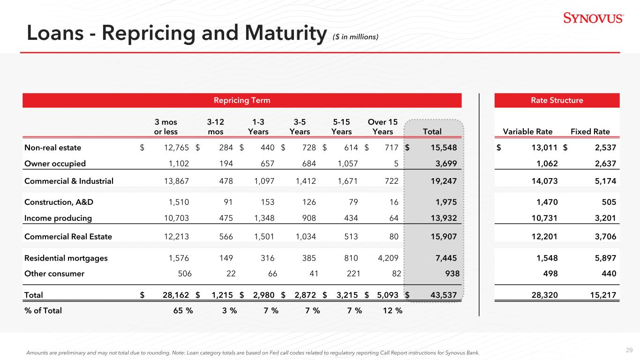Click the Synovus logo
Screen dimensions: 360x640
593,19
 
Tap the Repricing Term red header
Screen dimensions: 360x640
242,100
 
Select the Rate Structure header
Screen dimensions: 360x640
557,100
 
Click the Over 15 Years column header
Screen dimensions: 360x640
383,127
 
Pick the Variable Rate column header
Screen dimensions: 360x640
527,132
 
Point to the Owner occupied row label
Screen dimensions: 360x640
55,164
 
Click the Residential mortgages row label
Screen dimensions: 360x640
66,258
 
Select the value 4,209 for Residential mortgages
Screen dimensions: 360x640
387,258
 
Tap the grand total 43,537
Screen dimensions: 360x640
443,295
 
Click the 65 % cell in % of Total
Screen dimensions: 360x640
181,310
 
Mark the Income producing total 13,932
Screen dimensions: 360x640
443,218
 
